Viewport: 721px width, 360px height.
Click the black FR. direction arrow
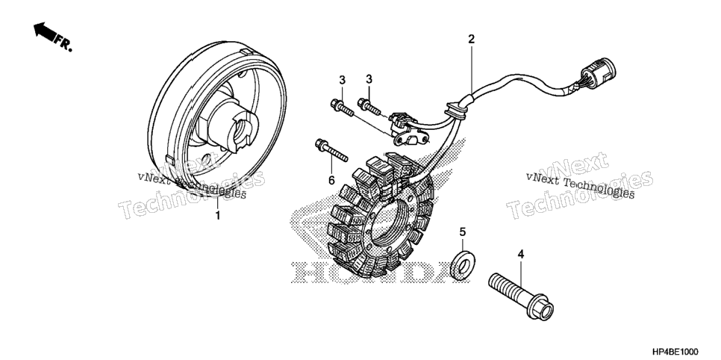(x=45, y=31)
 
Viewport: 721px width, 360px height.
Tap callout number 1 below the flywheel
(x=218, y=215)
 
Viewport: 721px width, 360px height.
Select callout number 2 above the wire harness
(x=471, y=39)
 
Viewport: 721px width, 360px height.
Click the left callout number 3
(x=342, y=80)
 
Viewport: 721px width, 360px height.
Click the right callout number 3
(x=369, y=79)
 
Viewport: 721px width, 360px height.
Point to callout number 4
(x=521, y=254)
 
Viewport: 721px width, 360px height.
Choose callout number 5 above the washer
(x=463, y=232)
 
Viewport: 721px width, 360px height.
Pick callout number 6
(x=331, y=181)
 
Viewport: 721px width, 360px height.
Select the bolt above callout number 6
(x=331, y=151)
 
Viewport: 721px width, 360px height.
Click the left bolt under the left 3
(x=342, y=108)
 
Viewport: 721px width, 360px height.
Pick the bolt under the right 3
(x=369, y=107)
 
